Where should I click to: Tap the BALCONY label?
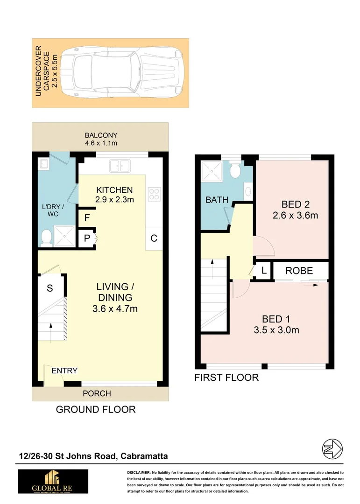[x=101, y=135]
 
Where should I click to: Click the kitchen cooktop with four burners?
[x=154, y=194]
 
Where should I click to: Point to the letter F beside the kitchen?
[x=87, y=218]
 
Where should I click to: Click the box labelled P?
[x=87, y=238]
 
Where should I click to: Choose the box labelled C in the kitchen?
[x=154, y=238]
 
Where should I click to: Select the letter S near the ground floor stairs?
[x=50, y=288]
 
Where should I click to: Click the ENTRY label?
[x=64, y=371]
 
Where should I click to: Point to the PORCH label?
[x=97, y=393]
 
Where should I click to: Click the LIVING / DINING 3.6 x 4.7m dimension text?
[x=115, y=308]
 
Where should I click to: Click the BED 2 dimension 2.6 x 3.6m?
[x=295, y=215]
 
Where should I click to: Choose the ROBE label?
[x=299, y=271]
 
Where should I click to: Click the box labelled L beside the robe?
[x=264, y=271]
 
